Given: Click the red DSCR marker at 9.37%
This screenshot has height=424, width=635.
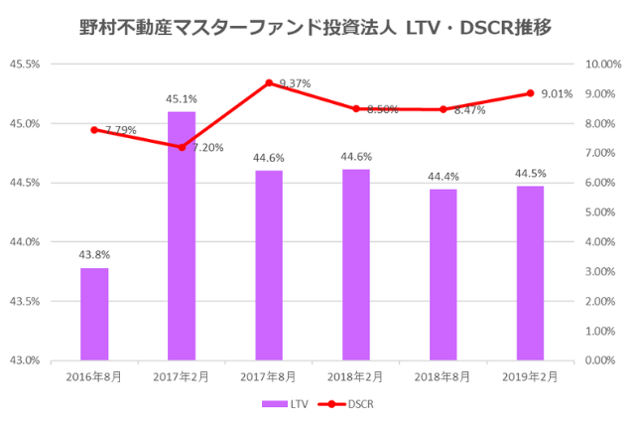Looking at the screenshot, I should pos(269,82).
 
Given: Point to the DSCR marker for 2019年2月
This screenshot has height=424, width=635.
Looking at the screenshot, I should pos(531,93).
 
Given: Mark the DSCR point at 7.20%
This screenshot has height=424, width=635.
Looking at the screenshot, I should pos(182,147).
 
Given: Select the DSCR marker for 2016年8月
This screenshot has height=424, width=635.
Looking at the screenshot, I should pos(94,130).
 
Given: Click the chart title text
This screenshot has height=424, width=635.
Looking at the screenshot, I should pos(316,27).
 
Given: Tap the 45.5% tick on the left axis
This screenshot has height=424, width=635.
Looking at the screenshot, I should pos(23,65).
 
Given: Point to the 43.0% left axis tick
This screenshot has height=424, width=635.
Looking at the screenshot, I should pos(23,360).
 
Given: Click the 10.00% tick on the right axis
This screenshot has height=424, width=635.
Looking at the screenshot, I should pos(604,65).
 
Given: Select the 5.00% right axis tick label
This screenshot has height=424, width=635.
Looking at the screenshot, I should pos(606,212).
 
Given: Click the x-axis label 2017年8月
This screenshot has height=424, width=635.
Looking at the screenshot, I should pos(269,376).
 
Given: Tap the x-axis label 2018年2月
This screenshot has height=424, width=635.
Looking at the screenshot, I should pos(356,376).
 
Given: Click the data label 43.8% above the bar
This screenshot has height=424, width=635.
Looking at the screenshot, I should pos(94,254).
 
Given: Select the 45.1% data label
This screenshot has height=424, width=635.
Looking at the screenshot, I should pos(182,98).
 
